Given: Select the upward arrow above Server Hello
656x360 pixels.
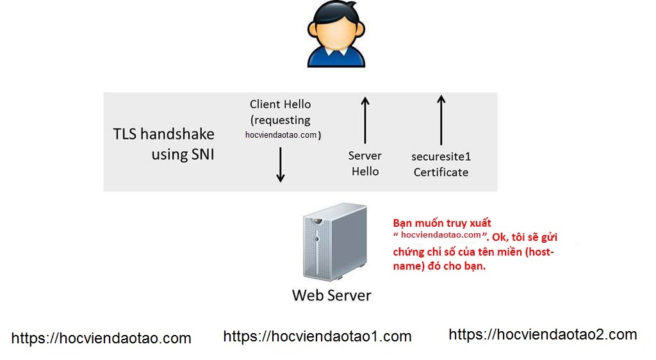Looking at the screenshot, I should point(365,120).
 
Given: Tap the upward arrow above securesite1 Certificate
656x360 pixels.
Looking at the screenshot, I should point(441,120).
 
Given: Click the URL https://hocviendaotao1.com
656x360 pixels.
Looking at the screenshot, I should point(317,336).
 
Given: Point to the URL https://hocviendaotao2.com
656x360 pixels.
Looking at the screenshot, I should point(543,334).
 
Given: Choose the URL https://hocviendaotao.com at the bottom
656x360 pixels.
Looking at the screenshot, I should point(101,338).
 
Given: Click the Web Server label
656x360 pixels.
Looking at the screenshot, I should point(331,295).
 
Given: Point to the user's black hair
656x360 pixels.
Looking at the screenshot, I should point(336,14).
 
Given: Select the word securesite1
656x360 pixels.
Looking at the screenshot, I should point(441,156).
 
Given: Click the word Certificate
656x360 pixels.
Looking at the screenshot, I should point(441,172).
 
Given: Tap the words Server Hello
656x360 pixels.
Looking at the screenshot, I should point(365,163).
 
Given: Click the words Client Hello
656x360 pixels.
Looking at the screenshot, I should point(280,104).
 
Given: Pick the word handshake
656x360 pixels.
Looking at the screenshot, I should point(177,135).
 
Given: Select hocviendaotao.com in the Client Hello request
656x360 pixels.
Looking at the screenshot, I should point(281,135).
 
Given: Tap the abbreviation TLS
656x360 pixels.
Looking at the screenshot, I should point(125,135).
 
